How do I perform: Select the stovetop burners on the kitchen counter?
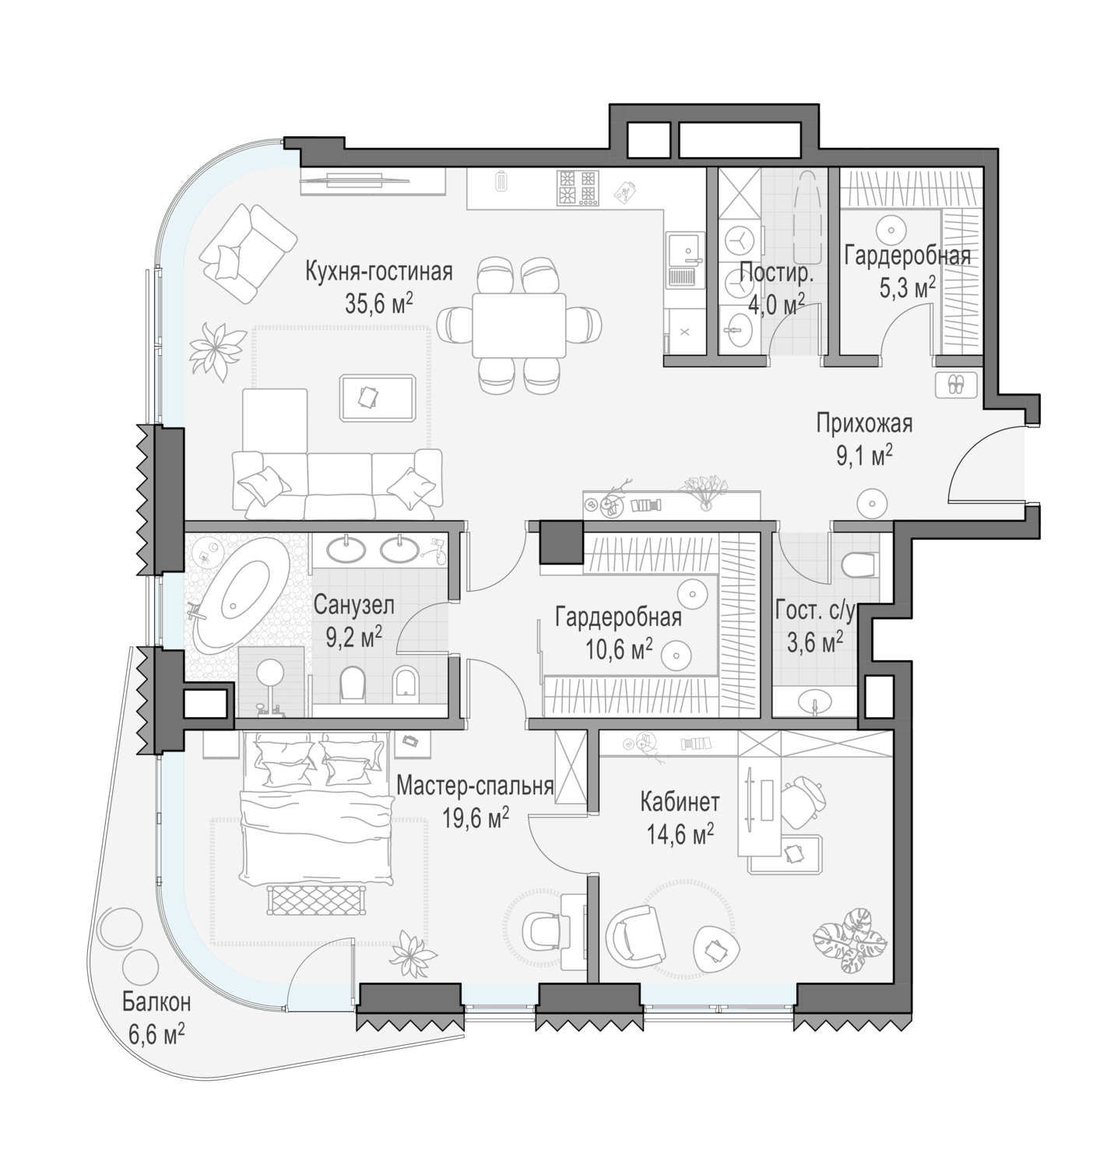click(577, 188)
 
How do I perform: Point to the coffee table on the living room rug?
click(378, 398)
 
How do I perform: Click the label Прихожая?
click(864, 424)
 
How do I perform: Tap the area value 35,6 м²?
click(379, 302)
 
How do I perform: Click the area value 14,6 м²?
click(680, 835)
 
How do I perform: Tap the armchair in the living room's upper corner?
click(248, 253)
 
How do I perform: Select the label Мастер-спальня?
click(475, 786)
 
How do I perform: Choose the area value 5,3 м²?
click(907, 288)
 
